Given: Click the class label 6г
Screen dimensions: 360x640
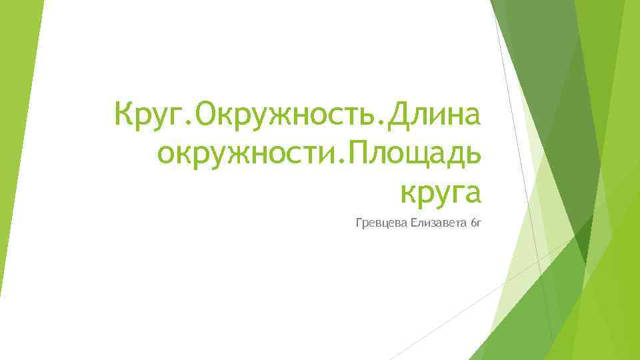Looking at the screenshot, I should [475, 222].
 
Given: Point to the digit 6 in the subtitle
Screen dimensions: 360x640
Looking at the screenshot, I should [472, 222].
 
